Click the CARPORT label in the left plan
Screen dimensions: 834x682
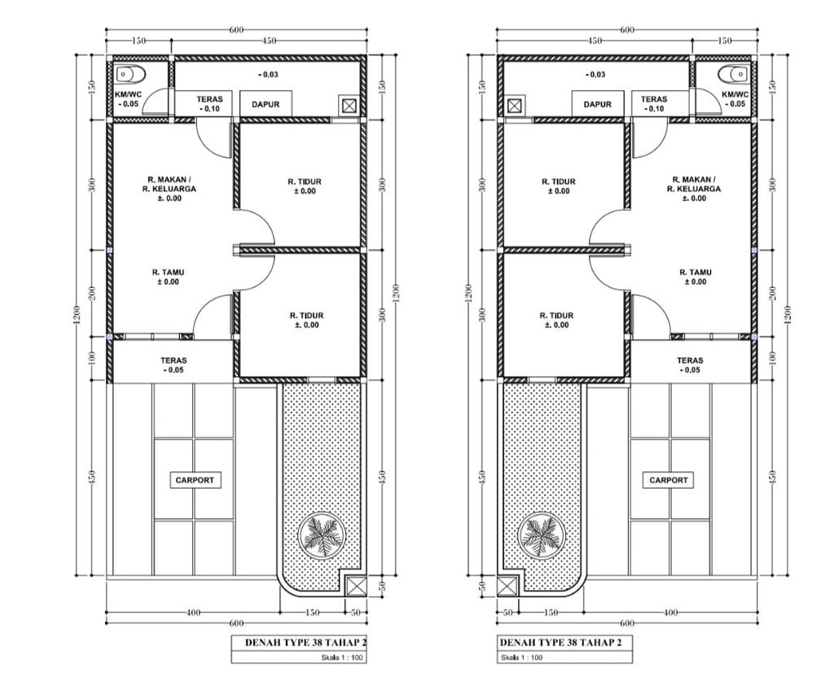coord(195,480)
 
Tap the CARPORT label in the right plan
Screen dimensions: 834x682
coord(669,480)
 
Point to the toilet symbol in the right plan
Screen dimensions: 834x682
coord(733,74)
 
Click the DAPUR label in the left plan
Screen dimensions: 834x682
coord(266,105)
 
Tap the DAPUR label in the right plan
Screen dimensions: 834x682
coord(597,105)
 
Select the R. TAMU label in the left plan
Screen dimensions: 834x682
coord(168,273)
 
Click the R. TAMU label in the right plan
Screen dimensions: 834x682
coord(696,273)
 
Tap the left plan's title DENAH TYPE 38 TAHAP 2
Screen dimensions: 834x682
coord(306,643)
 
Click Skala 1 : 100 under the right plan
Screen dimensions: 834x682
coord(522,658)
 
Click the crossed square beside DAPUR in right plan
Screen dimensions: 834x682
coord(515,105)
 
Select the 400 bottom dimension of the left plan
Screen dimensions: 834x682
coord(194,613)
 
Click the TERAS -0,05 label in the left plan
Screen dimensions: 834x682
coord(174,365)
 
